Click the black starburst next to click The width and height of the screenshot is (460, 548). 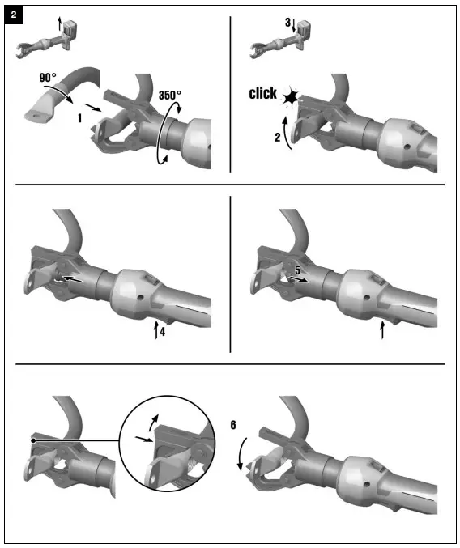click(290, 99)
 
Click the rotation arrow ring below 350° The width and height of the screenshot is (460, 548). click(171, 134)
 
